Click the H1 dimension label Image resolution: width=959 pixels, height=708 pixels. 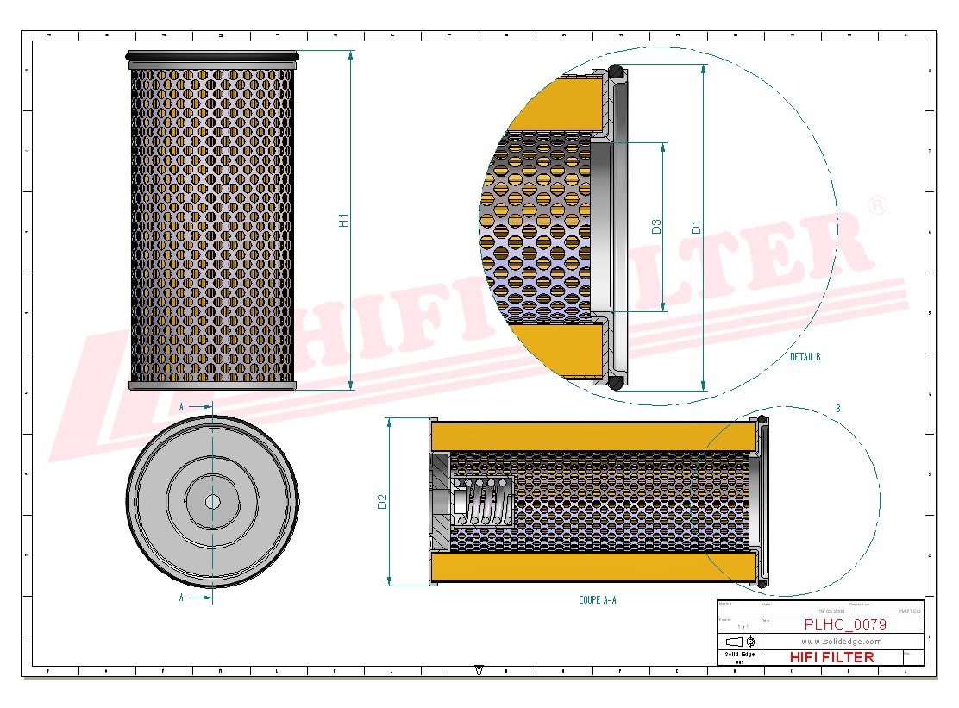click(x=343, y=220)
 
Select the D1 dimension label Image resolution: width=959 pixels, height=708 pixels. click(x=696, y=228)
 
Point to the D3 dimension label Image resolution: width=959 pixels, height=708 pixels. click(x=656, y=227)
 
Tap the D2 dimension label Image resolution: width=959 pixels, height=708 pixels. click(x=383, y=502)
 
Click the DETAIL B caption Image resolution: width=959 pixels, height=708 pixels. click(x=805, y=356)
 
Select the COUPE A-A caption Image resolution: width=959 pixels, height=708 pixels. click(x=597, y=599)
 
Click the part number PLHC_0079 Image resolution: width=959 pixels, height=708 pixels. click(x=844, y=625)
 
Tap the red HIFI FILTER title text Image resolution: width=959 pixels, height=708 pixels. click(x=831, y=657)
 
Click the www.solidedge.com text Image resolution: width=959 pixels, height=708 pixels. click(x=841, y=642)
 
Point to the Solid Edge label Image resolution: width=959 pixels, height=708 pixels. click(x=739, y=655)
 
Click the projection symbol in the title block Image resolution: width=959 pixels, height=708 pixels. click(x=739, y=642)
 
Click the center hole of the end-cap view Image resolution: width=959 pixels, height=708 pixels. click(x=212, y=500)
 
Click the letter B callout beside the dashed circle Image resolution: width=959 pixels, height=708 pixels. click(x=837, y=408)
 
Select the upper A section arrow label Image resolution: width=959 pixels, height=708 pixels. click(x=181, y=405)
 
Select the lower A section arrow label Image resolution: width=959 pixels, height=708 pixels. click(x=181, y=597)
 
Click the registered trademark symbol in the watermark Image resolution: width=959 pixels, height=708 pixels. click(x=877, y=205)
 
